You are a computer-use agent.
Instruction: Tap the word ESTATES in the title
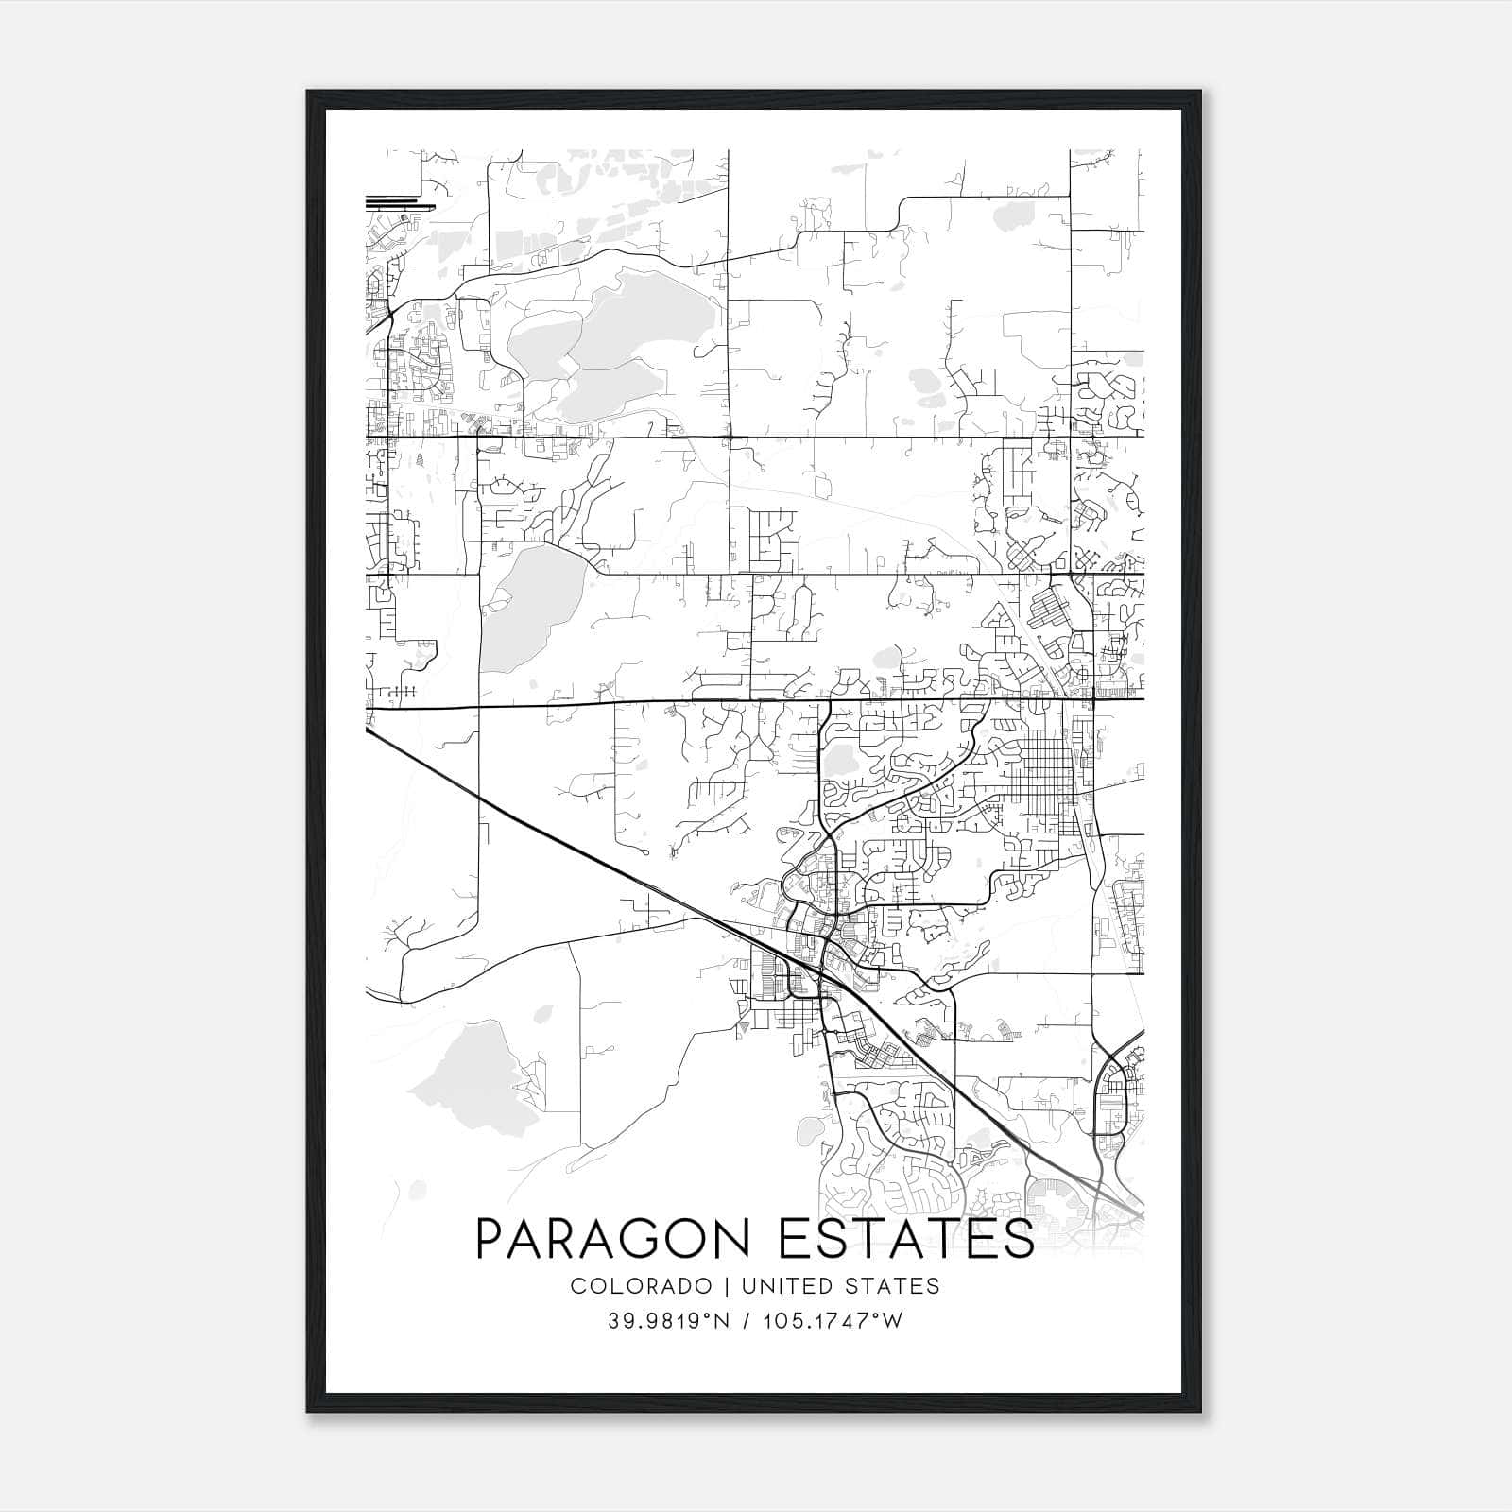pyautogui.click(x=906, y=1239)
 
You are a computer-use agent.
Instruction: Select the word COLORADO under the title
pyautogui.click(x=641, y=1286)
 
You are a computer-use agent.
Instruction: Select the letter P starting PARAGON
pyautogui.click(x=493, y=1239)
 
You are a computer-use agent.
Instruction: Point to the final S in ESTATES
pyautogui.click(x=1018, y=1239)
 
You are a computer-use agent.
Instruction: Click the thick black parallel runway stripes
pyautogui.click(x=400, y=202)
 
